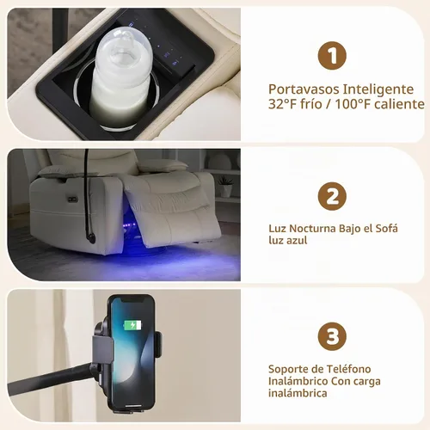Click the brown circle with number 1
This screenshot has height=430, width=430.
332,56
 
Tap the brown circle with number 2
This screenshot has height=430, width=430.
332,196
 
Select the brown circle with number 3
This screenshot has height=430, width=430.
332,336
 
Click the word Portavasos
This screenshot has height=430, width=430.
304,89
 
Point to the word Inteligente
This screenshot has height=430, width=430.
378,89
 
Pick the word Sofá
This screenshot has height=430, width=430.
386,229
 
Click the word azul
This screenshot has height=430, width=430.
297,240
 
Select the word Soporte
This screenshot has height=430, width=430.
287,370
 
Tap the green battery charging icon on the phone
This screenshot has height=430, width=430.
132,325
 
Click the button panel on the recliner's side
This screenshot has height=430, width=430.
73,199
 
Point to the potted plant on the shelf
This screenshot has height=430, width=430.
225,187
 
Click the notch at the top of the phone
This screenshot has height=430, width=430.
132,300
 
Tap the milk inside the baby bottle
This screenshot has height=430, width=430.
117,106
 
